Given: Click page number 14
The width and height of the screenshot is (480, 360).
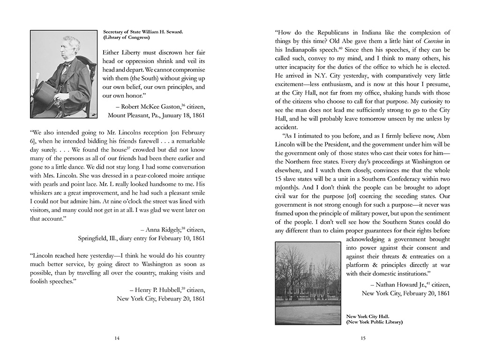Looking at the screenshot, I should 117,338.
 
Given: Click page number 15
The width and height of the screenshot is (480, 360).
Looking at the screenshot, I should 363,338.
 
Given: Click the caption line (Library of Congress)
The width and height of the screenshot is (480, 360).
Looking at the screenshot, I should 126,37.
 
